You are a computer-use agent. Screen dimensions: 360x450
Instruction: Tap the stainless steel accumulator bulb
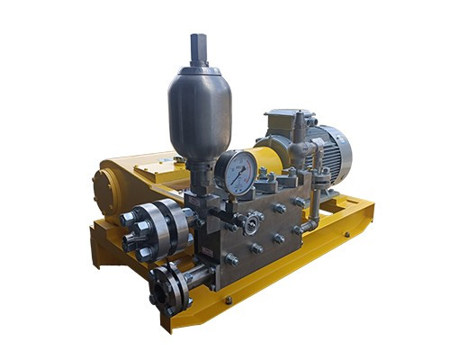click(199, 112)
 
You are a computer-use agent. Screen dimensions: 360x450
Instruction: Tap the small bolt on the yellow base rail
click(229, 301)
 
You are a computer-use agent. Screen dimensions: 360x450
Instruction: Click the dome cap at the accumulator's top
click(198, 70)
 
